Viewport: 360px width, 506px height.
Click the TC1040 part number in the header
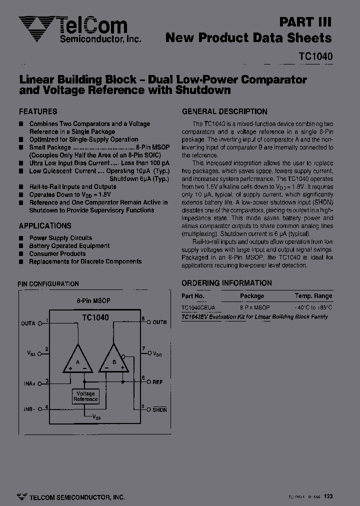pos(315,57)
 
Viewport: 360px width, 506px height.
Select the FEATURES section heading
pos(38,111)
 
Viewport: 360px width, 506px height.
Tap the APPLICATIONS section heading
pos(45,226)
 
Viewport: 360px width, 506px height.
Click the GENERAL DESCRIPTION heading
pos(224,111)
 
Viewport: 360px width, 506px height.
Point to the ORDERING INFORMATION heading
pos(226,283)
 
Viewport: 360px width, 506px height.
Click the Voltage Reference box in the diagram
pos(85,396)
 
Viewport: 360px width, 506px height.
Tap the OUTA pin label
pos(28,323)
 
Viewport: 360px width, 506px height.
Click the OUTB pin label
pos(159,322)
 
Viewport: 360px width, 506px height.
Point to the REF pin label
pos(157,382)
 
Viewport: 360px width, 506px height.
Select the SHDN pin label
pos(159,409)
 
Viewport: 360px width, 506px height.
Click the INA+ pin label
pos(29,383)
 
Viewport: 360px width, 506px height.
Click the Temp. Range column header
pos(313,296)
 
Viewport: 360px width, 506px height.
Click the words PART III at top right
pos(305,22)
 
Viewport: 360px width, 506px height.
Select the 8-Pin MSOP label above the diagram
pos(93,301)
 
